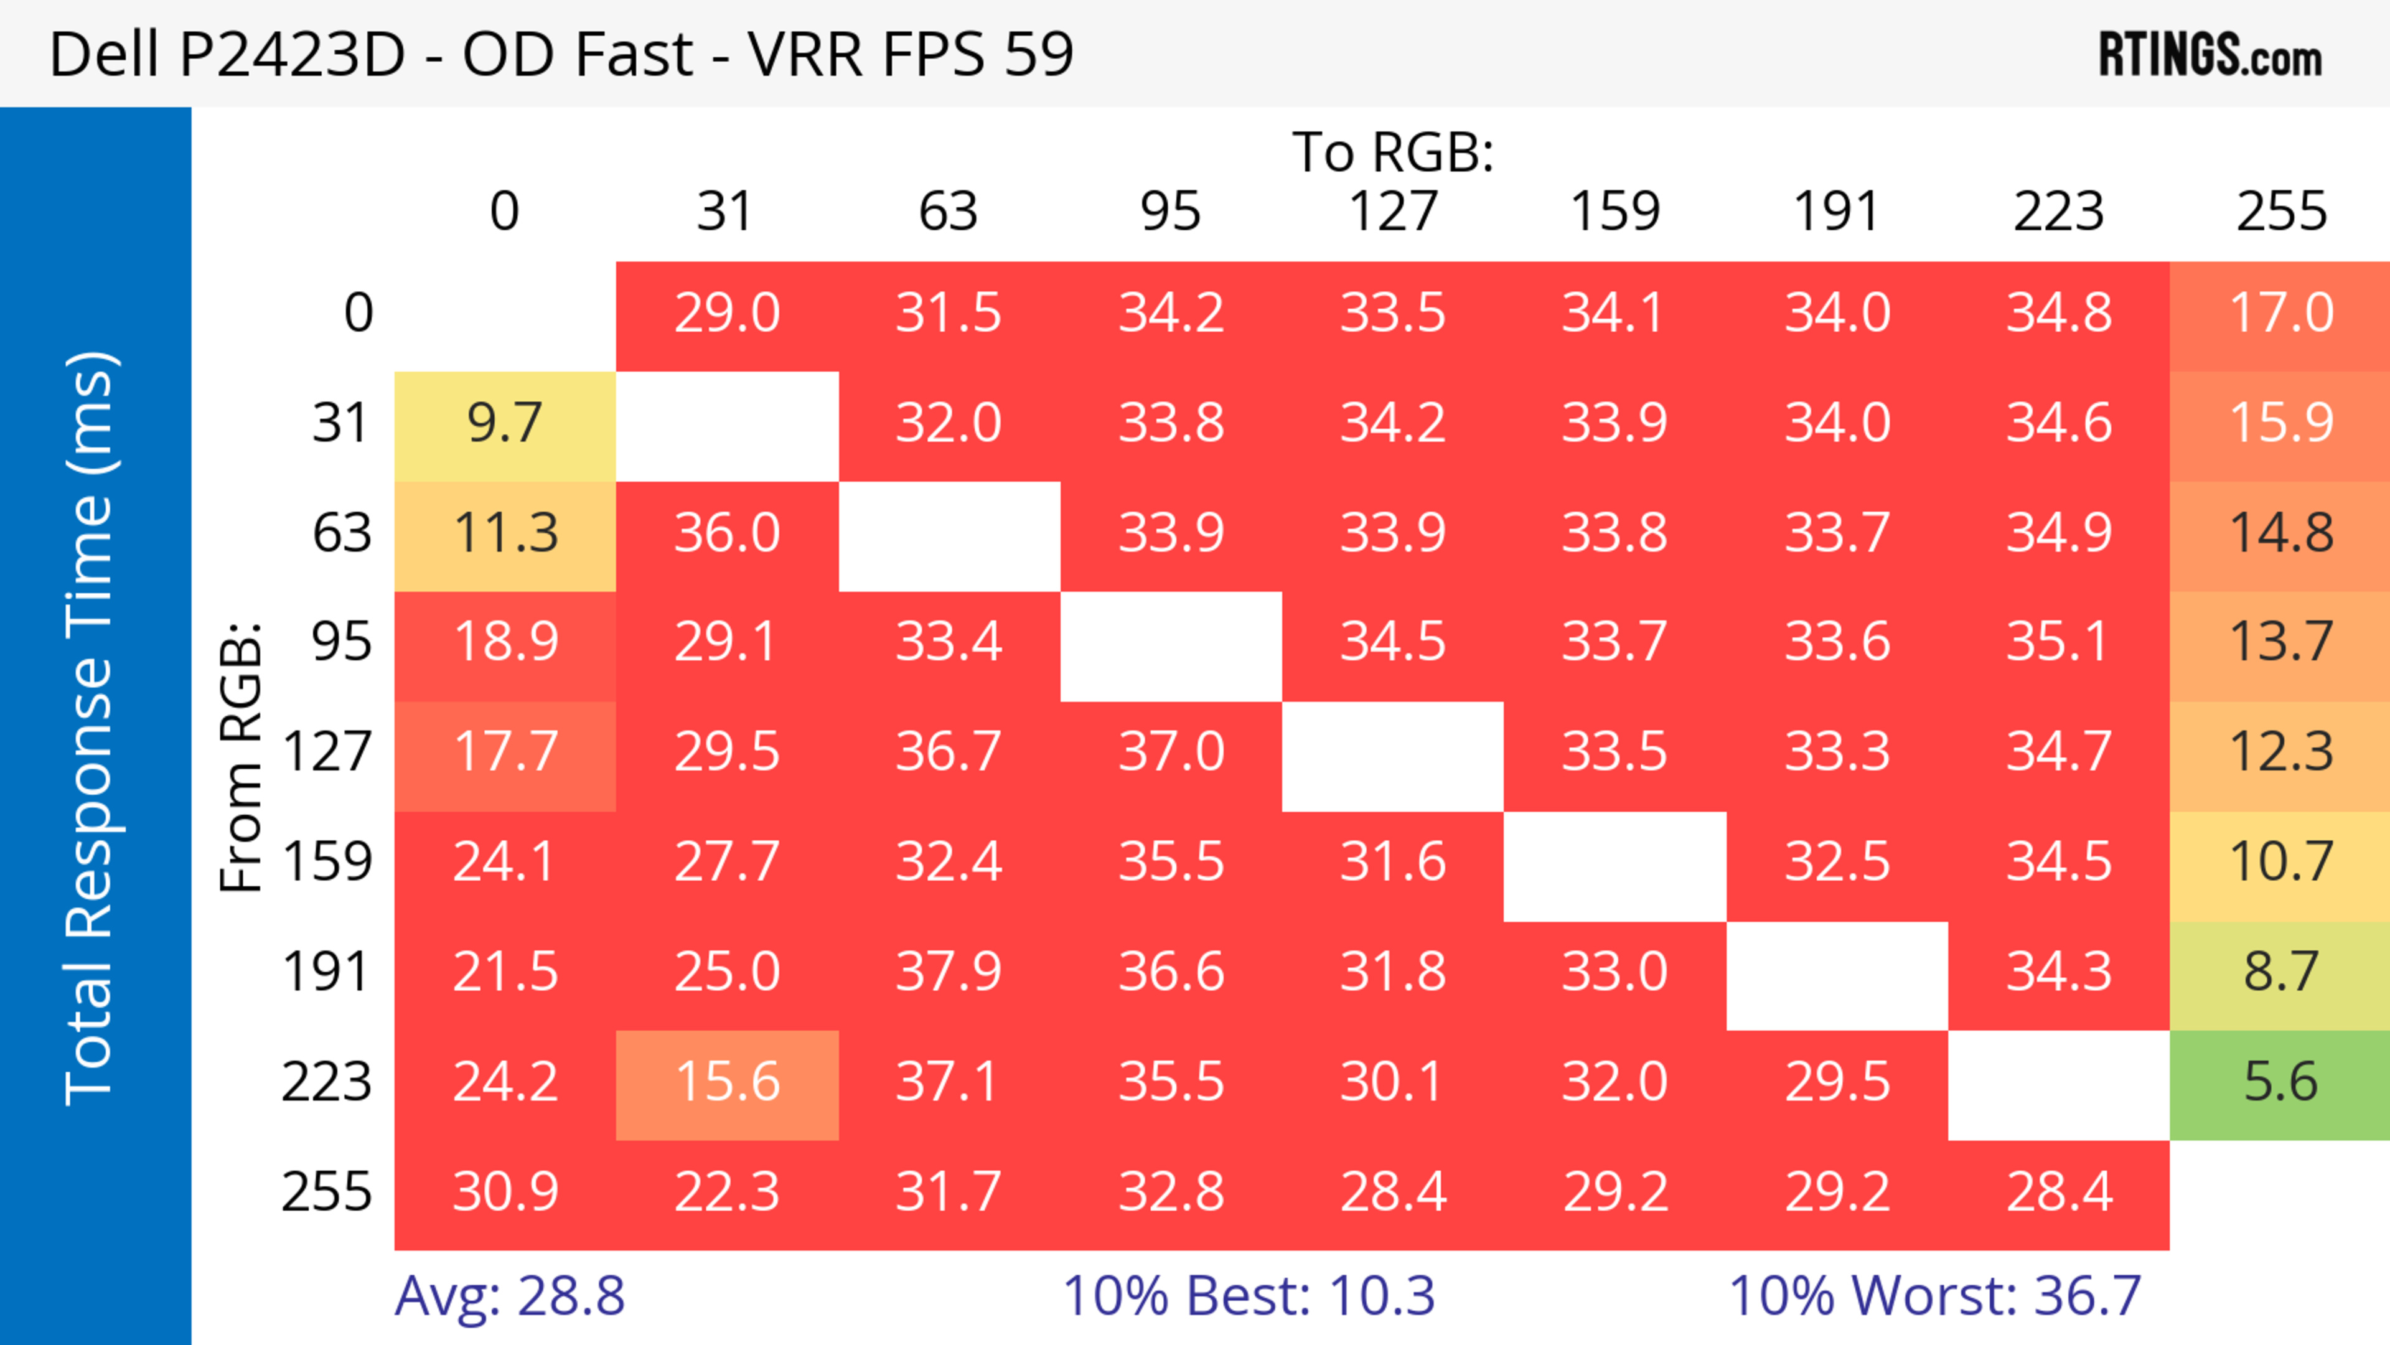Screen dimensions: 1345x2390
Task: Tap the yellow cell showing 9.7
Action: click(x=505, y=424)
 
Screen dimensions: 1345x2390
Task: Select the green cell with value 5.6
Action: click(x=2280, y=1082)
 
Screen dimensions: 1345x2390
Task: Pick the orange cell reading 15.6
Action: click(x=728, y=1082)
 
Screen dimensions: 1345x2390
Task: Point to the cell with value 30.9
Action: click(x=505, y=1192)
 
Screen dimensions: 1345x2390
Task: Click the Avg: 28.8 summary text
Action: click(x=509, y=1296)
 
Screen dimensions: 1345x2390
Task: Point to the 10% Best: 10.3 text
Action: click(x=1248, y=1296)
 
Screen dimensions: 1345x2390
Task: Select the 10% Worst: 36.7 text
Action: click(x=1934, y=1296)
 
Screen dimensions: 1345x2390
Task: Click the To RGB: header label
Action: click(x=1393, y=152)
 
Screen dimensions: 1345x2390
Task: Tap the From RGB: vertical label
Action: click(x=241, y=757)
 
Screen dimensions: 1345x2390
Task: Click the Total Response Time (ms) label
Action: click(x=90, y=729)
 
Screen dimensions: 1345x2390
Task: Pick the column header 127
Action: click(x=1393, y=212)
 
